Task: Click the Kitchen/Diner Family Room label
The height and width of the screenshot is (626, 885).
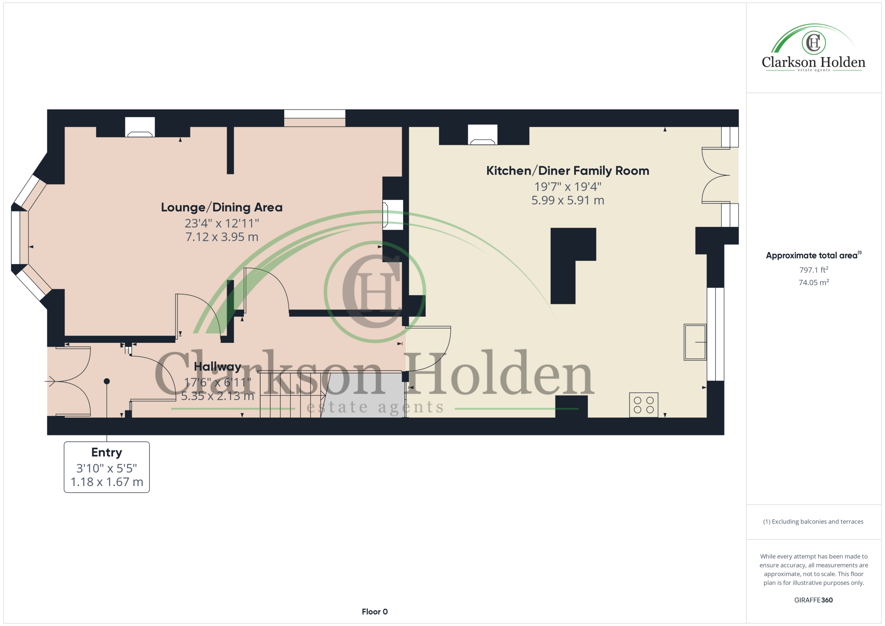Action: click(x=567, y=170)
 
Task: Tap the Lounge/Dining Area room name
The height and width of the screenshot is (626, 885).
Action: click(x=222, y=207)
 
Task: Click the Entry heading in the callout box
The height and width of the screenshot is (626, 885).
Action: click(x=106, y=452)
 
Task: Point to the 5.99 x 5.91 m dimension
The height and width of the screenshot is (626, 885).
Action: click(x=567, y=200)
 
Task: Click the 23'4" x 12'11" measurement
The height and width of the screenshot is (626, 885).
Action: click(x=222, y=223)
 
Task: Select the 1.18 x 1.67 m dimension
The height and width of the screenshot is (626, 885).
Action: click(x=107, y=482)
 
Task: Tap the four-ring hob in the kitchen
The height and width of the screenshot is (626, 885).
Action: click(x=643, y=405)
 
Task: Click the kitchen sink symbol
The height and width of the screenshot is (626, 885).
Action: click(x=695, y=342)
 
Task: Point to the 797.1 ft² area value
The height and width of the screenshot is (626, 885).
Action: click(x=813, y=270)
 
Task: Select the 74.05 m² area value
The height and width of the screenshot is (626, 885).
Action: click(x=813, y=282)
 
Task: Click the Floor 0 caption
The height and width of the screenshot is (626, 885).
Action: click(x=375, y=612)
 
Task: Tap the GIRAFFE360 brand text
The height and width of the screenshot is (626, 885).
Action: click(x=813, y=600)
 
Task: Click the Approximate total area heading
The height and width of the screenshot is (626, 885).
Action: click(x=813, y=255)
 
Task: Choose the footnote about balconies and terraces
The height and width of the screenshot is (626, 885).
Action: click(x=813, y=522)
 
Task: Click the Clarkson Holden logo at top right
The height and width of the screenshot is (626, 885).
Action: click(x=813, y=48)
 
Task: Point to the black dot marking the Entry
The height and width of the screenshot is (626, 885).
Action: click(x=107, y=381)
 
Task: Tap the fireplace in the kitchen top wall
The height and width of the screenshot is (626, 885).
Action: click(x=483, y=135)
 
